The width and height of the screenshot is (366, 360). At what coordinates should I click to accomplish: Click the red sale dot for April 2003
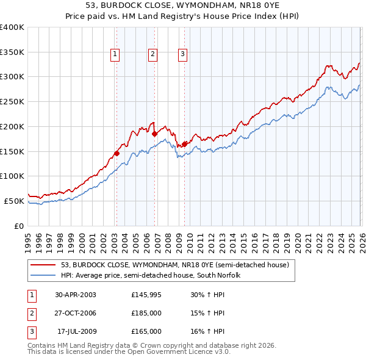coord(117,154)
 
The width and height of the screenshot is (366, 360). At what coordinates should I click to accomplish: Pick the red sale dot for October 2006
coord(155,134)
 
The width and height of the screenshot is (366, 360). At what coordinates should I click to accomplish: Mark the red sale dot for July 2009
coord(184,144)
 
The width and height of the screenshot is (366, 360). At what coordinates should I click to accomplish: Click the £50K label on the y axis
coord(14,201)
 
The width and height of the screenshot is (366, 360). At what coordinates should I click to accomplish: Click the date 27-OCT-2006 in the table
coord(75,313)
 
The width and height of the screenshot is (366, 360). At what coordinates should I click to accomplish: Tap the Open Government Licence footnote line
coord(129,351)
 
